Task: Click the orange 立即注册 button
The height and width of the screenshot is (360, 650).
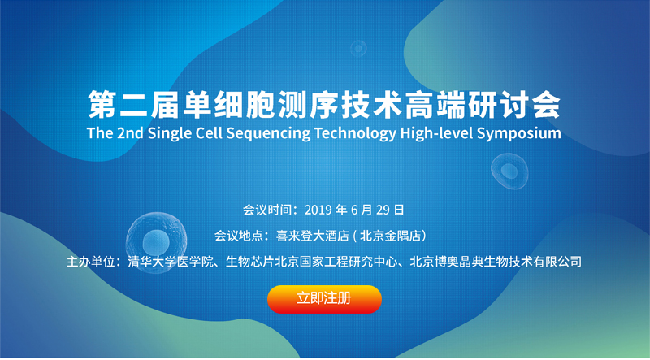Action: [x=324, y=299]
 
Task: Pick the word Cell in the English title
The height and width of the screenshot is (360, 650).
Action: [x=212, y=133]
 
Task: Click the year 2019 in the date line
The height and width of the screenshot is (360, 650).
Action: [x=318, y=210]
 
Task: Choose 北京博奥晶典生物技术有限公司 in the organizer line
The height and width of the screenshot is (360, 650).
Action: [x=496, y=262]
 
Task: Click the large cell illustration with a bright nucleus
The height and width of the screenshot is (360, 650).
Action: [x=156, y=242]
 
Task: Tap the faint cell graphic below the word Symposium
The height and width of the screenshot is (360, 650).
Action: [x=509, y=171]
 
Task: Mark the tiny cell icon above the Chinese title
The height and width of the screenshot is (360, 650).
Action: [x=358, y=49]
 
